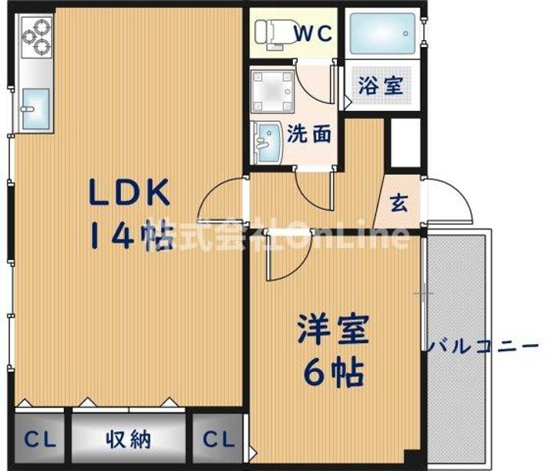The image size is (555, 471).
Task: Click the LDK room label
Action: point(129,192)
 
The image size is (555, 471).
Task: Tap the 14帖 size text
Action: point(132,235)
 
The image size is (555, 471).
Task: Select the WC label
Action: point(314,33)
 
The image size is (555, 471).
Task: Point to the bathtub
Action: point(382,33)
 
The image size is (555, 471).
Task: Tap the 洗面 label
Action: point(309,134)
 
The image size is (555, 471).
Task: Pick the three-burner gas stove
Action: point(37,37)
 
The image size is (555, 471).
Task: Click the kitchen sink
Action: point(35,109)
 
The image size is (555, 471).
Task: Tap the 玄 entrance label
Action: point(399,203)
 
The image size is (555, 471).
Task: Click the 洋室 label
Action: point(333,329)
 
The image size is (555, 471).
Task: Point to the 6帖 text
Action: point(334,372)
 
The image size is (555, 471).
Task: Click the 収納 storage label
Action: point(129,439)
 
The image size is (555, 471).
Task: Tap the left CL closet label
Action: point(40,439)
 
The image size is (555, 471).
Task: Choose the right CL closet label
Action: point(218,439)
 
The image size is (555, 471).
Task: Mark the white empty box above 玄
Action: point(405,142)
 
